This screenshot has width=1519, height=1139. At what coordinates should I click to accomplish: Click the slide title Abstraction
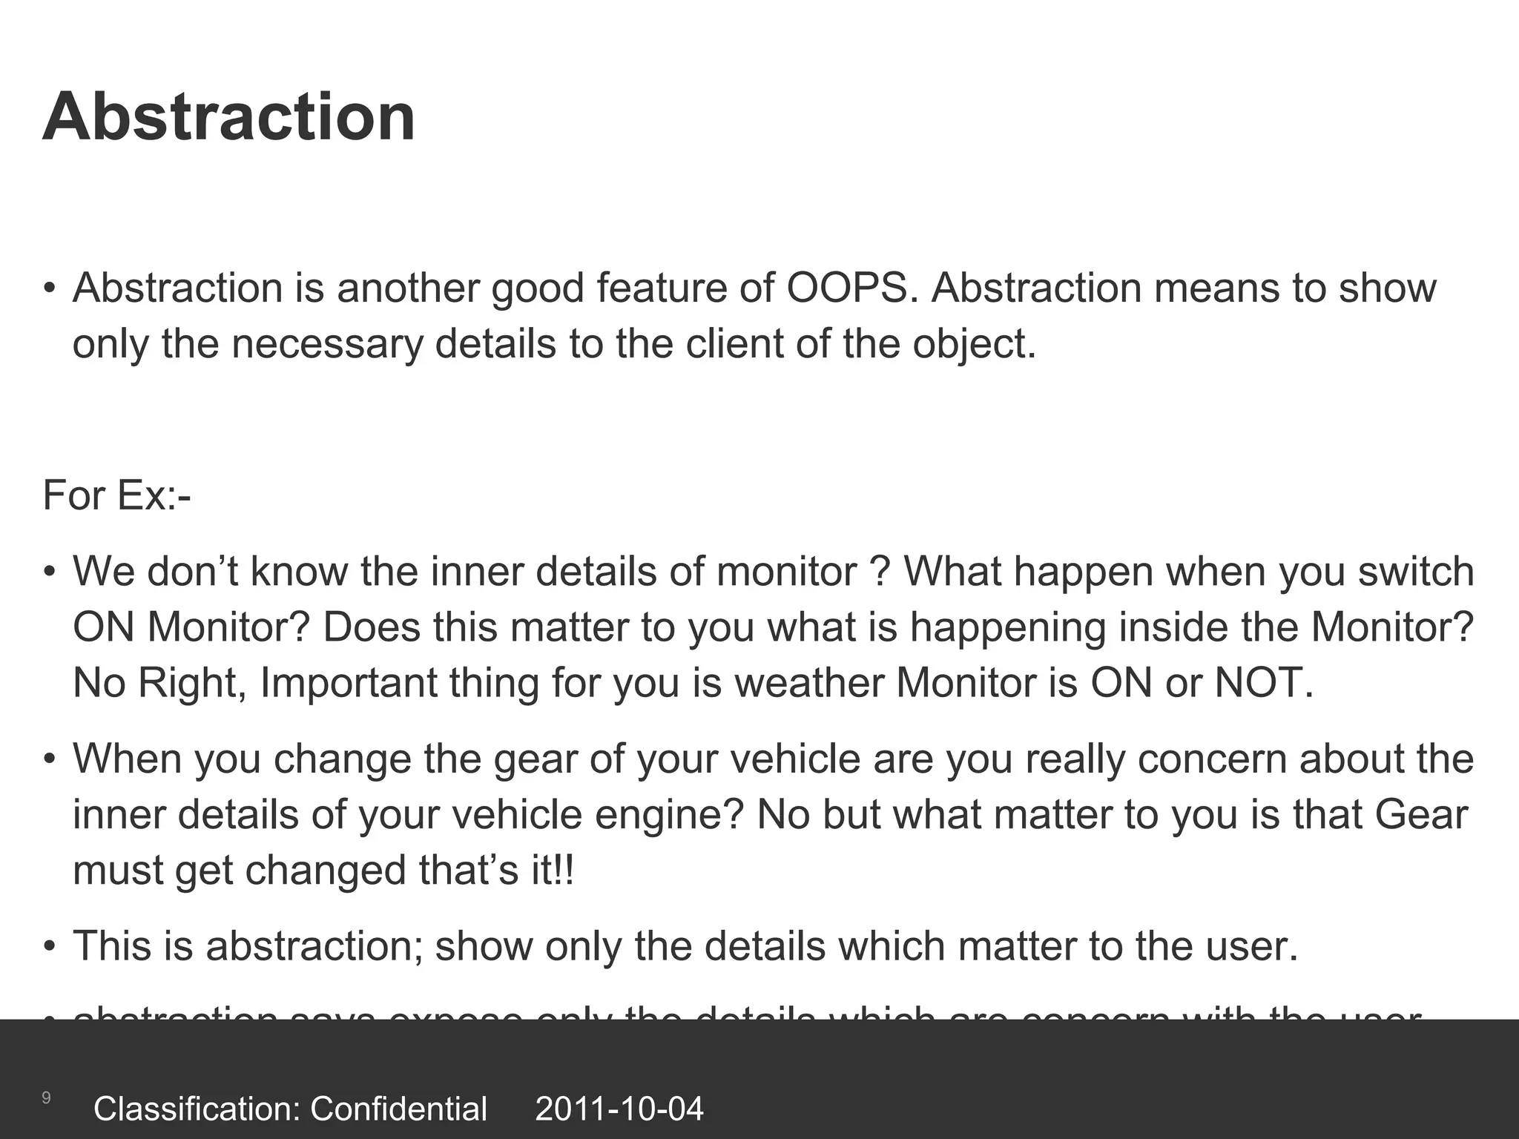[x=228, y=117]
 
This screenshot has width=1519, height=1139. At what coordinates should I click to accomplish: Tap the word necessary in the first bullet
[x=326, y=344]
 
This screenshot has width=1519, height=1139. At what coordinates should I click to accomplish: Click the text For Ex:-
[x=117, y=495]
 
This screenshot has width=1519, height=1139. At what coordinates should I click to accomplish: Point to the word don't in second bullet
[x=191, y=571]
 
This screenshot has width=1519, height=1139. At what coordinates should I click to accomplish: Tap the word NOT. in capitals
[x=1264, y=682]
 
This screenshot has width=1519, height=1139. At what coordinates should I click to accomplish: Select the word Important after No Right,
[x=349, y=682]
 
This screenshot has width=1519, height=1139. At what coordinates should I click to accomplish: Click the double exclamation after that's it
[x=564, y=870]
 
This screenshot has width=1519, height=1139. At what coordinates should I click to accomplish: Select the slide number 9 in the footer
[x=46, y=1098]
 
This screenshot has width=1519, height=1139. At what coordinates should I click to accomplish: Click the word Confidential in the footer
[x=398, y=1109]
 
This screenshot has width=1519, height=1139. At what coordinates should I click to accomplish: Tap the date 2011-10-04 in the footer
[x=619, y=1109]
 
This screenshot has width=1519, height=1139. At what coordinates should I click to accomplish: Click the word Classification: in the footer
[x=196, y=1109]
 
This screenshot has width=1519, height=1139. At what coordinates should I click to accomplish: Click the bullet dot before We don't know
[x=49, y=572]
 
